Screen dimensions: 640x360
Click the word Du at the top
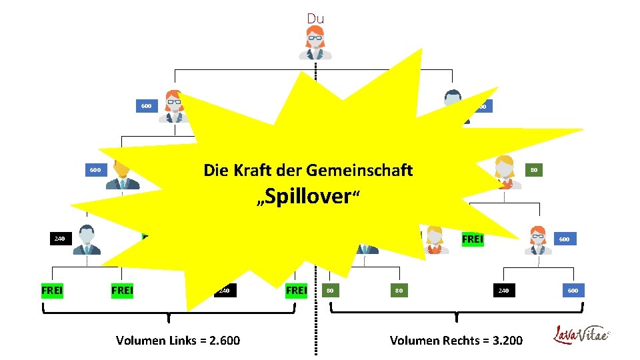click(315, 19)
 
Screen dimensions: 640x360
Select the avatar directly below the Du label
click(315, 43)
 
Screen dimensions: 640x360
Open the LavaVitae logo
click(582, 334)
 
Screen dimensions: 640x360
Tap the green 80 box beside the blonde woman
click(535, 170)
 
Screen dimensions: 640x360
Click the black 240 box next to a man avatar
click(60, 238)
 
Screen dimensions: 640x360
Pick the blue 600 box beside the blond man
click(95, 170)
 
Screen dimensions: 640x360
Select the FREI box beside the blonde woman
click(472, 238)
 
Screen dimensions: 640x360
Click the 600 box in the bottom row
click(573, 290)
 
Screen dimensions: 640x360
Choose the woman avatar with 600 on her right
click(537, 240)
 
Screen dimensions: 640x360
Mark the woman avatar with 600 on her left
click(174, 107)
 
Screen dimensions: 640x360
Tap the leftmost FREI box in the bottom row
click(52, 290)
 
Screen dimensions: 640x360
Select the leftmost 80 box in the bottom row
click(330, 290)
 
